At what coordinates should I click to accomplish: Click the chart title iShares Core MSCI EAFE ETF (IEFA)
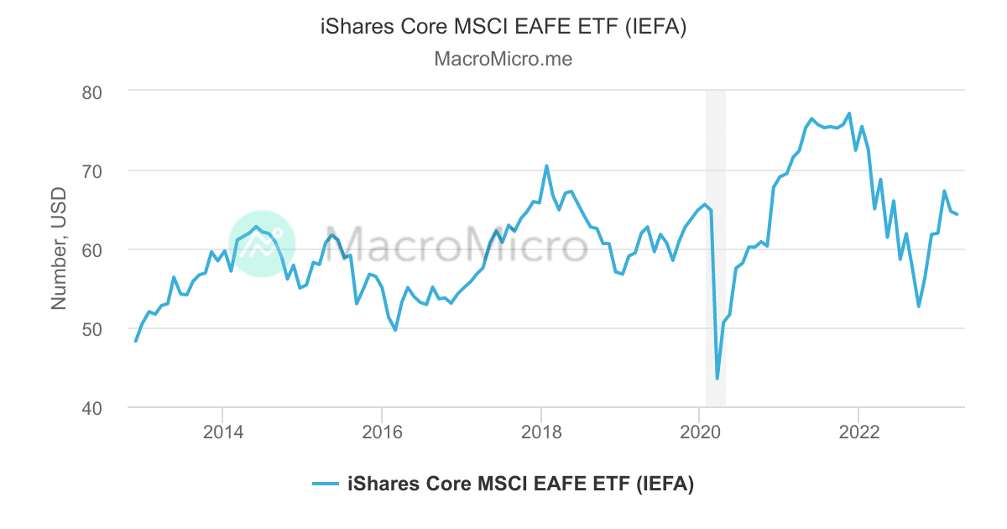point(503,28)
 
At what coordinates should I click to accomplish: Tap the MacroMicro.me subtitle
point(503,60)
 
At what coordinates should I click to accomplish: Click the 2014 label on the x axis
point(222,433)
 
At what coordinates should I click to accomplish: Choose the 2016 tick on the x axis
point(382,433)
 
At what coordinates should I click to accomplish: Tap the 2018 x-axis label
point(541,433)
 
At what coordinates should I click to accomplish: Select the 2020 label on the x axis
point(700,433)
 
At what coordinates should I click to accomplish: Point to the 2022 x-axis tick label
point(859,433)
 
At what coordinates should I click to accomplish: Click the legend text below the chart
point(520,484)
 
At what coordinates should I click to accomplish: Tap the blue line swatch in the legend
point(326,484)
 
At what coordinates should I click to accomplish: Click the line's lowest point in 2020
point(717,379)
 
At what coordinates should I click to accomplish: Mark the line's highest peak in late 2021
point(849,113)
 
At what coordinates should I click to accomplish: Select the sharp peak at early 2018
point(546,165)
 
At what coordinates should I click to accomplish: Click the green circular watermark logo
point(262,244)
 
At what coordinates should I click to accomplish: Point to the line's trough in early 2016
point(395,330)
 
